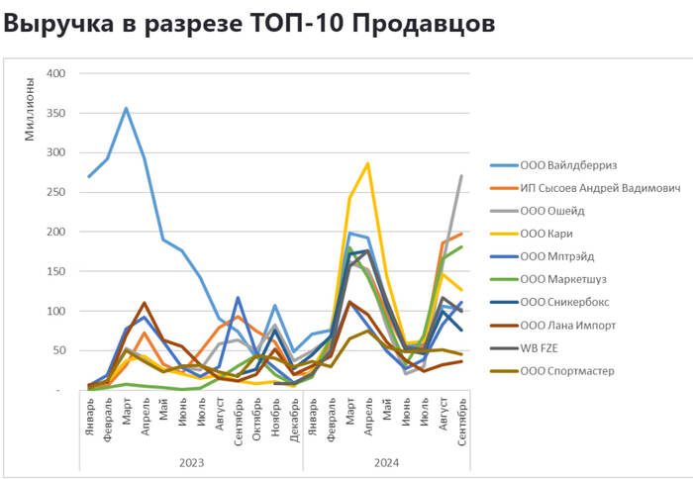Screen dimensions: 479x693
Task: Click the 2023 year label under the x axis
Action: tap(191, 461)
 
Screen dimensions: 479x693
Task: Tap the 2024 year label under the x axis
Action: tap(385, 461)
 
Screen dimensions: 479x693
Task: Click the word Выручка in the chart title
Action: tap(54, 23)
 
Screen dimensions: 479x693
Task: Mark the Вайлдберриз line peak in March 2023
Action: tap(126, 108)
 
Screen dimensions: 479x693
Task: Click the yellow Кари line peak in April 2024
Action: tap(368, 163)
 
